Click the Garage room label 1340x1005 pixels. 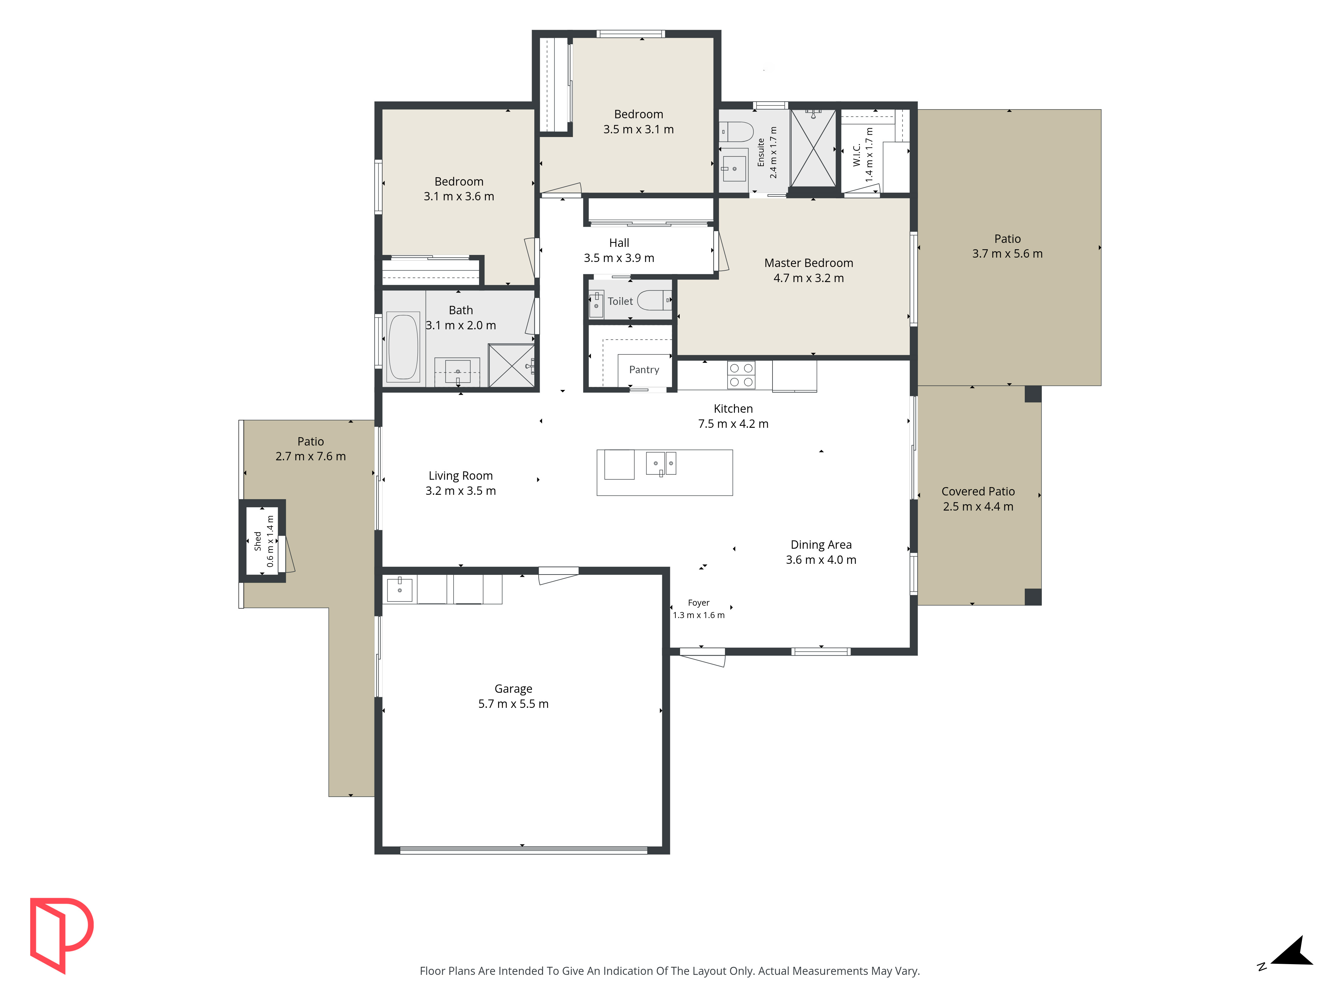click(513, 689)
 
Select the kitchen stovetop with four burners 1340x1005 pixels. click(741, 375)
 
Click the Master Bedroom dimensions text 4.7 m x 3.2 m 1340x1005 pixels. click(808, 278)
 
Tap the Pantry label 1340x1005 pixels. click(644, 370)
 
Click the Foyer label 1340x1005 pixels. click(698, 603)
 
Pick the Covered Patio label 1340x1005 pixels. click(978, 491)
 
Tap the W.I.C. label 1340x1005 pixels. click(857, 155)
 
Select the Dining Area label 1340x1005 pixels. click(821, 545)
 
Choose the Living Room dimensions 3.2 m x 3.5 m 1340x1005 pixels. click(460, 491)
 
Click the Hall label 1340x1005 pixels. click(619, 243)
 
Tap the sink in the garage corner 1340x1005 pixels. click(399, 589)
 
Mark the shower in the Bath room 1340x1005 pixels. click(511, 365)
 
